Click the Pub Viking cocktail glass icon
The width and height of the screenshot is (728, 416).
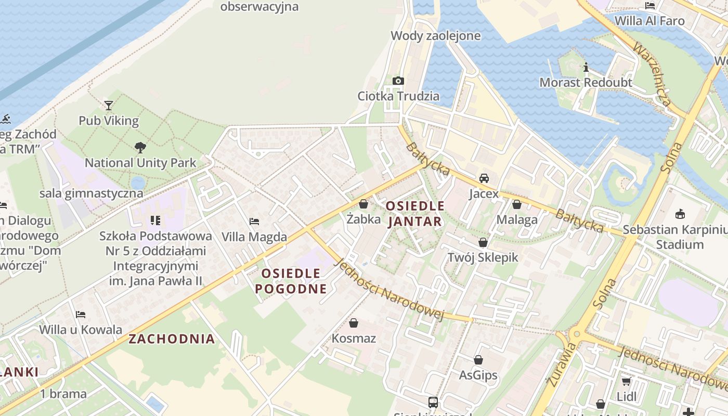tap(108, 106)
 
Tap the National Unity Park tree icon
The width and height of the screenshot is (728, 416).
tap(140, 148)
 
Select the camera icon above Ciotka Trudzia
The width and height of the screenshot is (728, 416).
tap(398, 81)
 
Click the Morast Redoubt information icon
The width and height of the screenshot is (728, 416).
tap(586, 68)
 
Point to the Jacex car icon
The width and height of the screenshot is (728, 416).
tap(484, 178)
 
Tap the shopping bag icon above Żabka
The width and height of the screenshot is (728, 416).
tap(363, 204)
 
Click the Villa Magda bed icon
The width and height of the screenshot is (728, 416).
tap(254, 222)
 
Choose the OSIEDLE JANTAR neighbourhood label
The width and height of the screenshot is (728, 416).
tap(415, 214)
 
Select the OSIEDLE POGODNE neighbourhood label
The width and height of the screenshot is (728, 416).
tap(291, 281)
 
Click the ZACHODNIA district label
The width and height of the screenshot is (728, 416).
tap(172, 339)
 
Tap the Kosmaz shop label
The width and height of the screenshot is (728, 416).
tap(354, 339)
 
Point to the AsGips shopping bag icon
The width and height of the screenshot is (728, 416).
tap(478, 360)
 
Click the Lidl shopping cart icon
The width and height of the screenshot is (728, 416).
tap(626, 381)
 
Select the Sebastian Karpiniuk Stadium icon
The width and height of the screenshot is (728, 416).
tap(680, 214)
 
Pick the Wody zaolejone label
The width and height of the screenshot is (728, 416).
tap(435, 36)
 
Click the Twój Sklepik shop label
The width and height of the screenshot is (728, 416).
tap(483, 257)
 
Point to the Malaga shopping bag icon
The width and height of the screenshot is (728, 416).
tap(517, 204)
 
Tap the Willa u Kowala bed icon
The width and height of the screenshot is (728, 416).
tap(81, 315)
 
